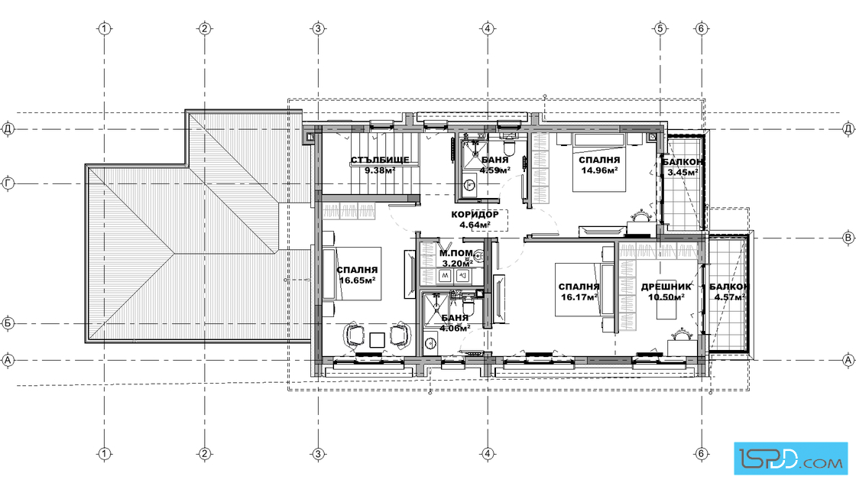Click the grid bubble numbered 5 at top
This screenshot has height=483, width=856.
point(660,28)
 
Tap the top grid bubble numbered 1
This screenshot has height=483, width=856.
point(105,28)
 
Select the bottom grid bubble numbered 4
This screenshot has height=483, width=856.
point(488,453)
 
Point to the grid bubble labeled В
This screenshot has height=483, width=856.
point(848,238)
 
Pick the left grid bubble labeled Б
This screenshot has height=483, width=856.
point(8,323)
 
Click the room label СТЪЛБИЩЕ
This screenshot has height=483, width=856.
point(380,160)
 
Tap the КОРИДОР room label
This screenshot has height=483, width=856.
point(475,215)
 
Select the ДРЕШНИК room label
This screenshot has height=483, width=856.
point(666,287)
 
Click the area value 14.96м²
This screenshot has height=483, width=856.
point(599,170)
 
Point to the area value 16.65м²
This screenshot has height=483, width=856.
point(358,280)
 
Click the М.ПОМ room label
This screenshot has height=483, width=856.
point(456,253)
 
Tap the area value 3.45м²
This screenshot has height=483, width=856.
point(683,173)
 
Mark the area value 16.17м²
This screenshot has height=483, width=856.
point(579,297)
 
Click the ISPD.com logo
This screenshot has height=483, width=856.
point(791,458)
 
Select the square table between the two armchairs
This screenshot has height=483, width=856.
point(378,340)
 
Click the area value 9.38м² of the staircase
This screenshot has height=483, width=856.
point(380,170)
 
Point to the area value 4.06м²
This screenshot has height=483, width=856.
point(455,328)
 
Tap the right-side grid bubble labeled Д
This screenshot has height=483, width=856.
point(848,129)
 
